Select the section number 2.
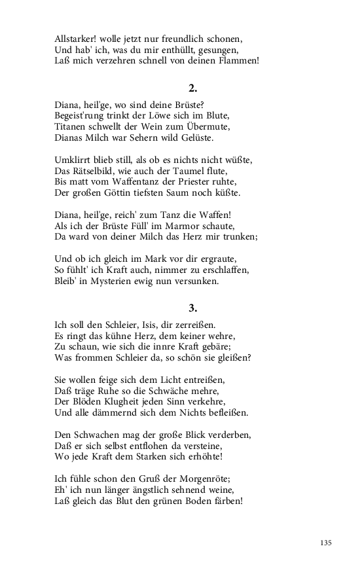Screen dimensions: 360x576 193,87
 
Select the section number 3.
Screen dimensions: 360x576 193,307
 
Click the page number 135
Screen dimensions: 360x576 327,543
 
